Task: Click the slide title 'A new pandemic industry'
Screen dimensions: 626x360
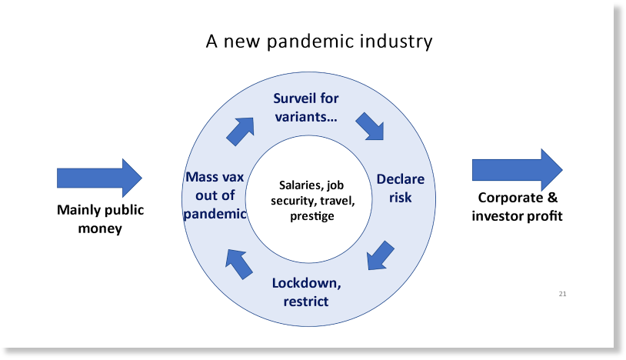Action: pyautogui.click(x=319, y=42)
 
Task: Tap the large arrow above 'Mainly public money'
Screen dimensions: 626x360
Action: pyautogui.click(x=99, y=178)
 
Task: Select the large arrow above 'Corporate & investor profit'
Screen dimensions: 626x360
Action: pyautogui.click(x=518, y=170)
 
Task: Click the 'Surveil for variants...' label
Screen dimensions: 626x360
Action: pyautogui.click(x=306, y=108)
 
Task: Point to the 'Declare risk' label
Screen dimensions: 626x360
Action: pyautogui.click(x=401, y=188)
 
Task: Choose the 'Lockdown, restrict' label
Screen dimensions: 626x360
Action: pyautogui.click(x=306, y=292)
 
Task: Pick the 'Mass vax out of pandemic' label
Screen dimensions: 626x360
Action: pyautogui.click(x=215, y=195)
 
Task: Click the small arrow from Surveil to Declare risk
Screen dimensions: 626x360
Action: pyautogui.click(x=370, y=126)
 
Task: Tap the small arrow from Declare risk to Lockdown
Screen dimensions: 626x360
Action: pyautogui.click(x=381, y=255)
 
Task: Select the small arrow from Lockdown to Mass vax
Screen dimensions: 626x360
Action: pyautogui.click(x=238, y=264)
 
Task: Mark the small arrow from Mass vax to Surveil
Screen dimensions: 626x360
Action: pyautogui.click(x=241, y=132)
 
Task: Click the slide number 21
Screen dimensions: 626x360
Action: pyautogui.click(x=562, y=294)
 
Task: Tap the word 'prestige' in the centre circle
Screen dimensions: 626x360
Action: pyautogui.click(x=311, y=216)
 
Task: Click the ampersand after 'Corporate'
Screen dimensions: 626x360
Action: pyautogui.click(x=552, y=197)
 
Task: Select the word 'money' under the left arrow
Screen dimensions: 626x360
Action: pyautogui.click(x=100, y=228)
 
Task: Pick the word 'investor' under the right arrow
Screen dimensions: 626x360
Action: pyautogui.click(x=498, y=216)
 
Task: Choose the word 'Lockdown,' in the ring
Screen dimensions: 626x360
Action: pyautogui.click(x=306, y=283)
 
